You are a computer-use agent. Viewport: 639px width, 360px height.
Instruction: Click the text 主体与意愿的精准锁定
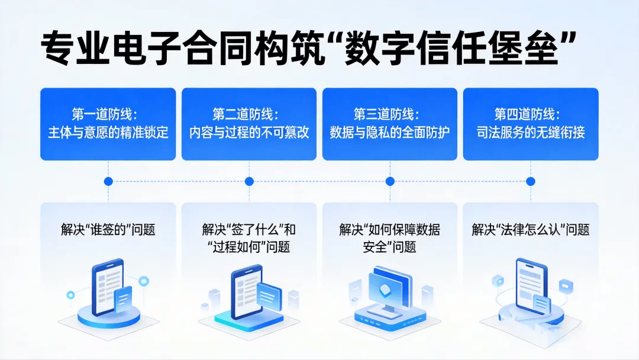(108, 132)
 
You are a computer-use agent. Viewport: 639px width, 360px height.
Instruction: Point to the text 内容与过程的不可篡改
(248, 132)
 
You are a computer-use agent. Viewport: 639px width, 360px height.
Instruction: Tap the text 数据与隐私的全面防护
(389, 132)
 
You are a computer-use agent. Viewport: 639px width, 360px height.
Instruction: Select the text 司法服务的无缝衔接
(530, 132)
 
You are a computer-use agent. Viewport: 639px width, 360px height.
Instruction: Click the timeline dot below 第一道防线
(108, 181)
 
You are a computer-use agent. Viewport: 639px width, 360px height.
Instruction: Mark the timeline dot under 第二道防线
(248, 181)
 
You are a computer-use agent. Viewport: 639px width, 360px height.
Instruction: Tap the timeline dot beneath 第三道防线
(389, 181)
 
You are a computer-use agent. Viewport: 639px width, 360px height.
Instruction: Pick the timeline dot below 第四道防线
(530, 181)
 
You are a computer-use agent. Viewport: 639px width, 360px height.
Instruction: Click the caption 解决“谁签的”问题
(108, 230)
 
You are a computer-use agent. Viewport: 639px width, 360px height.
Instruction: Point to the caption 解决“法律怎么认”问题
(530, 230)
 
